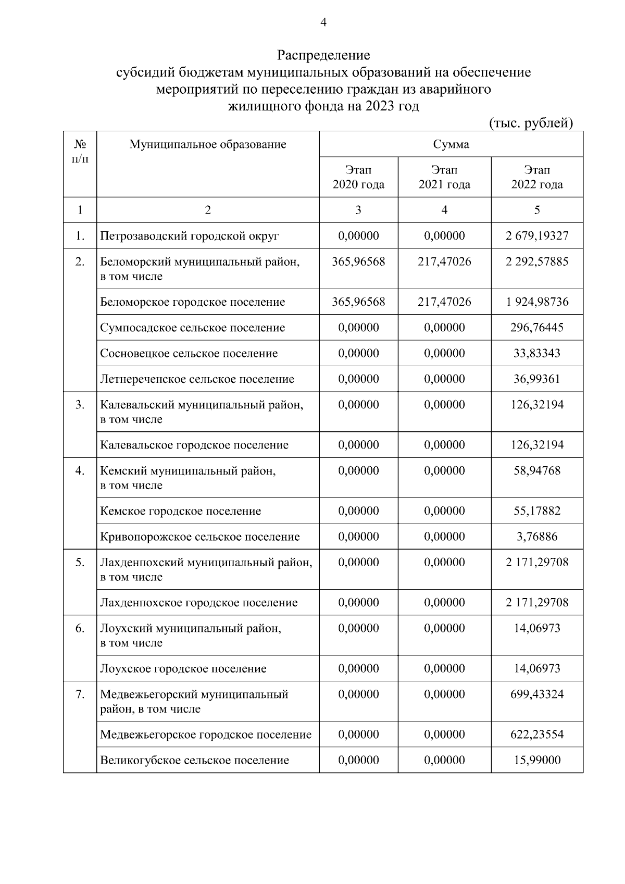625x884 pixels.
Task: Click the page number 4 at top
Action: (x=323, y=22)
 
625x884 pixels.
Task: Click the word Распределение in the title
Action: (x=323, y=55)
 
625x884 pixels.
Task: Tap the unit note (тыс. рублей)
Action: (x=531, y=123)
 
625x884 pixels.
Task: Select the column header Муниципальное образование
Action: (x=208, y=144)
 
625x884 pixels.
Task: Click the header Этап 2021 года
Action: (x=444, y=177)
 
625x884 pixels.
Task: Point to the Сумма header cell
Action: (x=451, y=144)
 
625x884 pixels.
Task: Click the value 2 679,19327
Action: (x=537, y=236)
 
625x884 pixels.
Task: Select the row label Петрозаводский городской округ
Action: (x=190, y=236)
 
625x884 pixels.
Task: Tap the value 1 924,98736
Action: (x=537, y=302)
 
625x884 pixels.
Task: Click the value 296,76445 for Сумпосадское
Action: (x=537, y=328)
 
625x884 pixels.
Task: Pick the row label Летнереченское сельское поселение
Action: (x=197, y=379)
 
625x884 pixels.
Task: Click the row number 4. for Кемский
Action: (x=80, y=471)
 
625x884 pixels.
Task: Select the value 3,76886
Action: (x=537, y=537)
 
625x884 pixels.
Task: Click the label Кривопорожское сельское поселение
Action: (x=200, y=537)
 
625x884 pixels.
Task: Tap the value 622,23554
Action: (x=537, y=734)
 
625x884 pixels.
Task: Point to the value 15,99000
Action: (x=537, y=760)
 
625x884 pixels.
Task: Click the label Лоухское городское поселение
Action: (x=183, y=668)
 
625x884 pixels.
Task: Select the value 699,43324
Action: (x=537, y=694)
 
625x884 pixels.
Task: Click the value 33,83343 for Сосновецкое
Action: (x=537, y=353)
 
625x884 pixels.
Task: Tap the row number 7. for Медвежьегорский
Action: (x=80, y=694)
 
